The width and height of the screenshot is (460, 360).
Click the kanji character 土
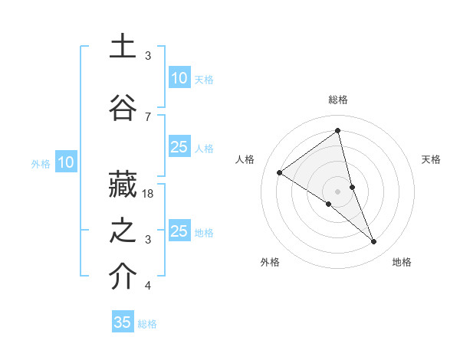click(x=123, y=47)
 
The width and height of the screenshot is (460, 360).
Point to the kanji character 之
click(x=123, y=232)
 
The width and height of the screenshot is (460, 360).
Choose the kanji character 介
click(x=123, y=277)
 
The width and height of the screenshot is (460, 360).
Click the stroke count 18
click(x=149, y=194)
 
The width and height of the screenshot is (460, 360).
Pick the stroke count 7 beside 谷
click(x=148, y=116)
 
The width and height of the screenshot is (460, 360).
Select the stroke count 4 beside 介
click(x=148, y=286)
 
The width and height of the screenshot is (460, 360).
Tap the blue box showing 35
click(x=123, y=322)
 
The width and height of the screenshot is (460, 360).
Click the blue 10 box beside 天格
click(x=179, y=78)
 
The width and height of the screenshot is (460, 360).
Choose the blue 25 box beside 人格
click(x=179, y=147)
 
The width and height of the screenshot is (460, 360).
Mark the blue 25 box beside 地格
click(x=179, y=231)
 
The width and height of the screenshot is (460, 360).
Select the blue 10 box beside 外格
click(x=66, y=162)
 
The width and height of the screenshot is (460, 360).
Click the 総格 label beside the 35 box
click(x=147, y=323)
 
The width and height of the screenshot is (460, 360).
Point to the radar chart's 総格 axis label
click(x=338, y=100)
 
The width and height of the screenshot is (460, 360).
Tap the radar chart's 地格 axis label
click(x=402, y=262)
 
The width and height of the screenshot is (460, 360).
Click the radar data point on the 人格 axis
click(x=280, y=172)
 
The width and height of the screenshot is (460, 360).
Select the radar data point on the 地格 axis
click(x=374, y=241)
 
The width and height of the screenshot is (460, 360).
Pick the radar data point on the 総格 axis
click(x=338, y=130)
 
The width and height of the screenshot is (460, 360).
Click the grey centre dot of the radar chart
click(x=338, y=191)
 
